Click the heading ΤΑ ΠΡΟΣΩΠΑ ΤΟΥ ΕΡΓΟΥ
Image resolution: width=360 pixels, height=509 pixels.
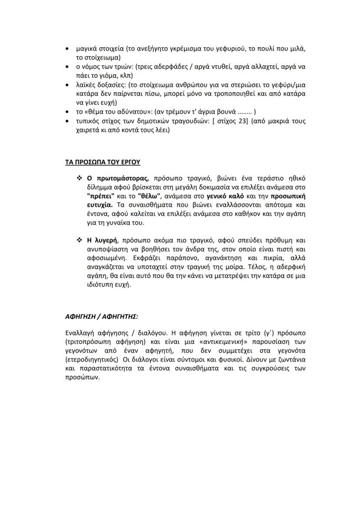coord(102,162)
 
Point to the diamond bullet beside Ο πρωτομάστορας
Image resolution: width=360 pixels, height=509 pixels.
coord(79,178)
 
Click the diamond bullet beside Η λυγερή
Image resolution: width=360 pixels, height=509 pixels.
coord(79,240)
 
